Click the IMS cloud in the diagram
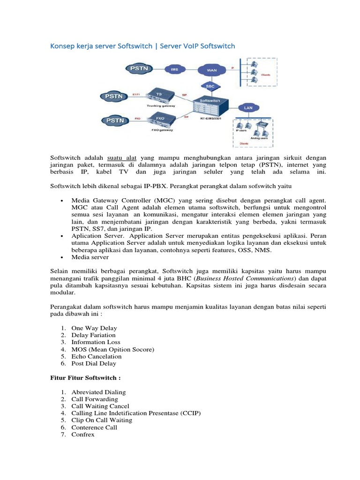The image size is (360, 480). tap(174, 69)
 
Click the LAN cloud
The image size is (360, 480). tap(248, 107)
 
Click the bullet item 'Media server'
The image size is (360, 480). tap(90, 257)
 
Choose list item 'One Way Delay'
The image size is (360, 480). tap(94, 328)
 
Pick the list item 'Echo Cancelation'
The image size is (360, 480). tap(97, 356)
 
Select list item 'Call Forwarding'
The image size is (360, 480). tap(95, 399)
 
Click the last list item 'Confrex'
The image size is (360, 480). tap(83, 434)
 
